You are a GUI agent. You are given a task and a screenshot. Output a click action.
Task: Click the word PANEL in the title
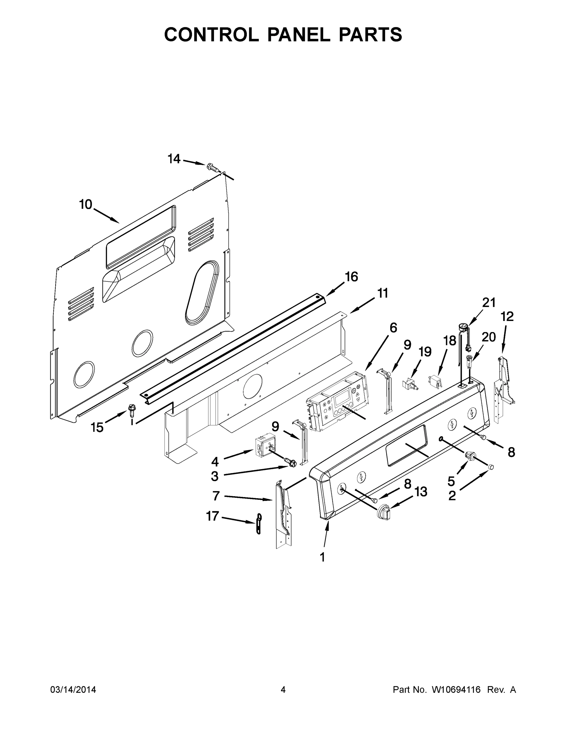point(297,35)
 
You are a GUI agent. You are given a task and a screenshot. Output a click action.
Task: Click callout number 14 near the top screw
point(174,159)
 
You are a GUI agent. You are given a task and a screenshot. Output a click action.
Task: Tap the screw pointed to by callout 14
point(211,166)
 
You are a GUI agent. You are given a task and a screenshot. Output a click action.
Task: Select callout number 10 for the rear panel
point(85,204)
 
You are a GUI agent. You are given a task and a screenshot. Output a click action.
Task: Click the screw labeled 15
point(131,410)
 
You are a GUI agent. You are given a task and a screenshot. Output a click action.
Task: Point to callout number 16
point(351,277)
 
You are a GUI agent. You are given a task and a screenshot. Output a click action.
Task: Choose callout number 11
point(383,293)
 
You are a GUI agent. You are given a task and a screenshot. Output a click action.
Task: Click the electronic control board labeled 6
point(337,401)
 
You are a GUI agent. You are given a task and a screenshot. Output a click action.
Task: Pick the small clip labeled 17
point(258,523)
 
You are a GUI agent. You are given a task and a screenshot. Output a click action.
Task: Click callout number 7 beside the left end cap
point(216,496)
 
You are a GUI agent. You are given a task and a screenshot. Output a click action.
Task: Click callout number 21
point(488,303)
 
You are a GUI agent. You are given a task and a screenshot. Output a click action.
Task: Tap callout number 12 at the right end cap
point(507,316)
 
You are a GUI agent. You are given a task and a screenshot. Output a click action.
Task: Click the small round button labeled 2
point(491,466)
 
